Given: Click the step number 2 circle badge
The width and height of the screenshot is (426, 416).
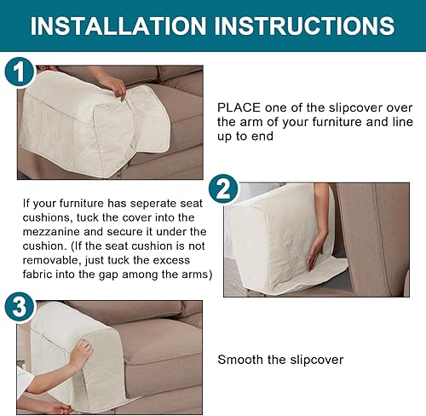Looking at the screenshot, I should pyautogui.click(x=223, y=188).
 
